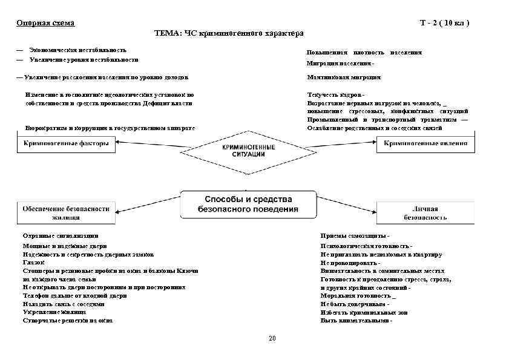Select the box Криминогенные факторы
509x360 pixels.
[66, 144]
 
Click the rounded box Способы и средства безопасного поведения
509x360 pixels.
[248, 204]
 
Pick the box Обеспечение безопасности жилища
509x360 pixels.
[66, 212]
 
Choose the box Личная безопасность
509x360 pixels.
[425, 212]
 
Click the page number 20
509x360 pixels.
[272, 338]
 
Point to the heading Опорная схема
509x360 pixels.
[45, 23]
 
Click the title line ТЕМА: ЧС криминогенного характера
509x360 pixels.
[229, 33]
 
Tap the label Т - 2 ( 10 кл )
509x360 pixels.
[444, 23]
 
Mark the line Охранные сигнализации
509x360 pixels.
[60, 235]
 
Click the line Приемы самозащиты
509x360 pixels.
[355, 235]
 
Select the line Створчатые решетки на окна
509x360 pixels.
[68, 321]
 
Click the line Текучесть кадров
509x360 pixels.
[336, 95]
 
